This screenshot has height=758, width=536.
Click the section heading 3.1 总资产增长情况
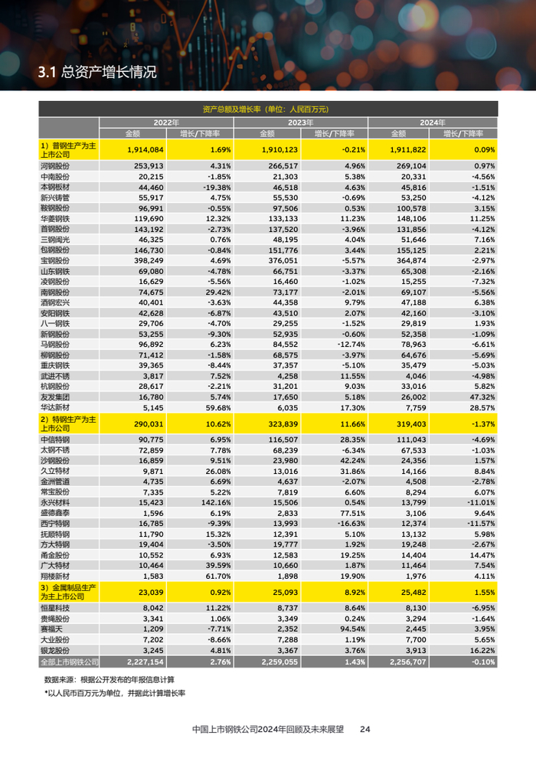pos(96,73)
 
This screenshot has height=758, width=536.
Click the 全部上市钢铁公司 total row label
pos(69,661)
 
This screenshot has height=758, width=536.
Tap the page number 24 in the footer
pos(365,730)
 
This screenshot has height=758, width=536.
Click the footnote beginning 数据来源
pos(109,678)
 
